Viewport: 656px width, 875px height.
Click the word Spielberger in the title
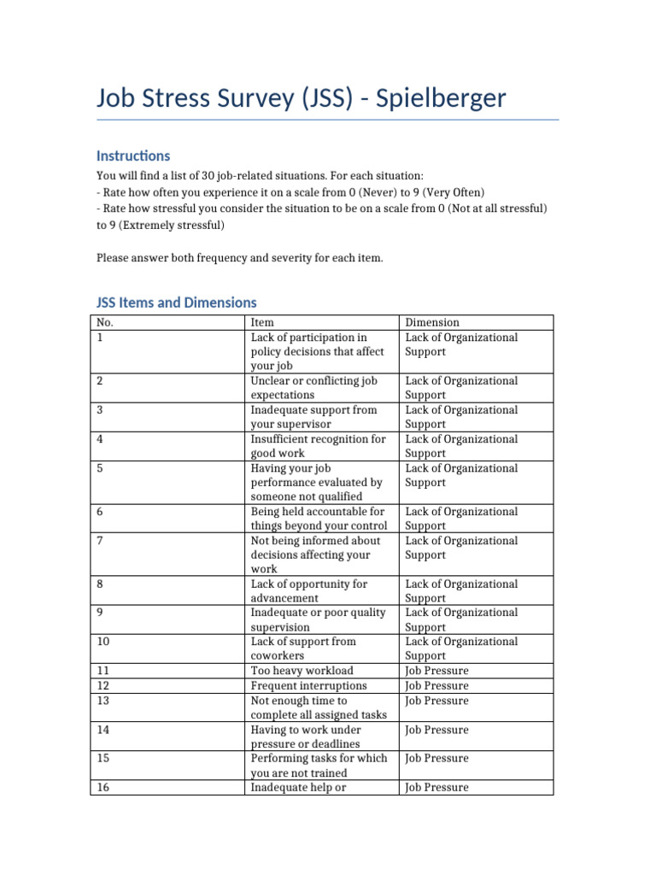tap(436, 99)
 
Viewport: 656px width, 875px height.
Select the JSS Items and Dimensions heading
tap(176, 302)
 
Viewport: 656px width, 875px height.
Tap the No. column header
tap(105, 322)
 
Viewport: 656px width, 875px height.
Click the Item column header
tap(262, 322)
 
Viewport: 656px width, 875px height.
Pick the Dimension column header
tap(432, 322)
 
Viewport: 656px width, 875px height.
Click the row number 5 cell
tap(102, 468)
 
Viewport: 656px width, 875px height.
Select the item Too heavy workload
tap(302, 671)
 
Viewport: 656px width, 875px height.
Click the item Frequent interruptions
tap(308, 685)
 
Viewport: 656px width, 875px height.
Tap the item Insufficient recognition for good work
tap(318, 446)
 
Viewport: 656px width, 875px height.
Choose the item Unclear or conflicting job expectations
tap(313, 388)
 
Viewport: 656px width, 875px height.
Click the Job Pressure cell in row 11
tap(436, 671)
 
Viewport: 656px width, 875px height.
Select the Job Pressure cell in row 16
tap(436, 787)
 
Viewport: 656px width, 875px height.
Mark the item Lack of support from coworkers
tap(303, 649)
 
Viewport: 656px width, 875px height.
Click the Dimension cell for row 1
tap(461, 344)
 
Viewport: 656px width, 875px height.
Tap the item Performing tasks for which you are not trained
tap(319, 766)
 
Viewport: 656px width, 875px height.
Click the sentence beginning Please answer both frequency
tap(240, 258)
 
